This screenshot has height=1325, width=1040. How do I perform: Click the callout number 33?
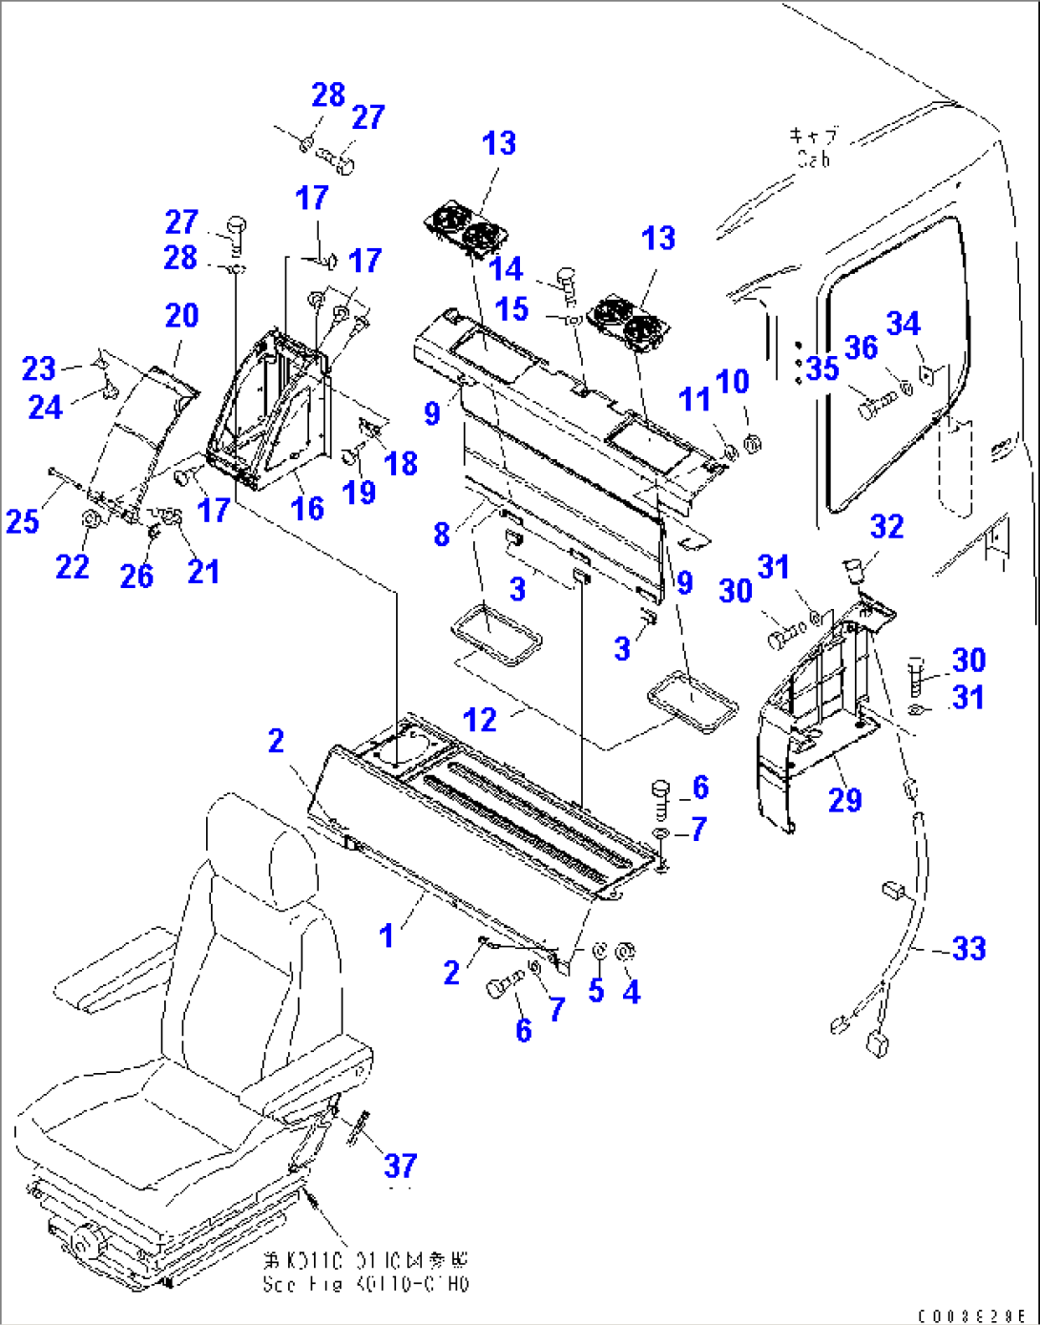pos(968,948)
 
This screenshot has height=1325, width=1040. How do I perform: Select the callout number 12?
pos(480,720)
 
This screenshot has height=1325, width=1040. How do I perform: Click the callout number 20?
pos(181,315)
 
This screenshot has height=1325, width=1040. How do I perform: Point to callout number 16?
pos(307,508)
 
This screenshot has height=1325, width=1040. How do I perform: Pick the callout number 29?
pos(844,800)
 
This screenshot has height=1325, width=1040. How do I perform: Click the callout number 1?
pos(386,936)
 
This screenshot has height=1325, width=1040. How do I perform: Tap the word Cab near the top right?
pos(814,160)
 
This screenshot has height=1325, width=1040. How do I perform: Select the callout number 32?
pos(886,526)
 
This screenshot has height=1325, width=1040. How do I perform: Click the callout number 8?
pos(441,533)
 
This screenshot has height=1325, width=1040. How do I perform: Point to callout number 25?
pos(23,521)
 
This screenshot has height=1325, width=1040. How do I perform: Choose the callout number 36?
pos(861,347)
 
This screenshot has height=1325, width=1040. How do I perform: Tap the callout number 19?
pos(359,492)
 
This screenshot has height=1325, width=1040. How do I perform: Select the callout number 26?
pos(136,576)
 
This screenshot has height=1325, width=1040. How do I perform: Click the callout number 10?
pos(732,381)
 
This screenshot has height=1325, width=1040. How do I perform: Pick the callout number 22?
pos(73,566)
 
